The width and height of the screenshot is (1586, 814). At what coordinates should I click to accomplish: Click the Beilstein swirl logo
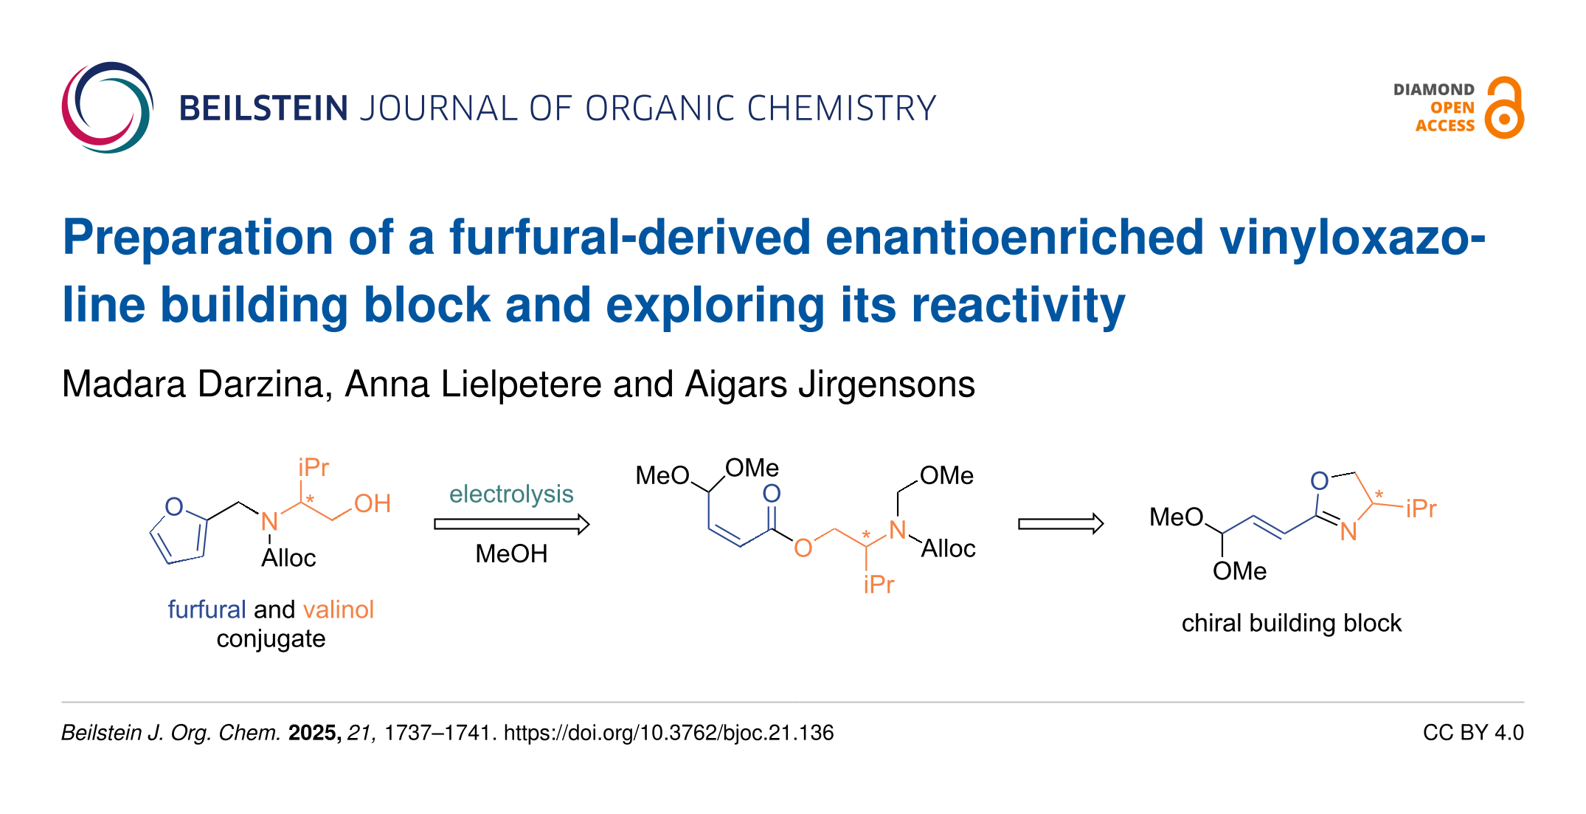[108, 108]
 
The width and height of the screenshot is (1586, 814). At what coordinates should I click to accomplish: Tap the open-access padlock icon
[1504, 108]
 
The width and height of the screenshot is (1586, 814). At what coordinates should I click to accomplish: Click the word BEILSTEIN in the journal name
[263, 108]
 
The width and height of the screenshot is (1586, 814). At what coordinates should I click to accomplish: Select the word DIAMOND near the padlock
[1433, 90]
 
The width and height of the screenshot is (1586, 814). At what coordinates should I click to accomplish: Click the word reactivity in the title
[1018, 306]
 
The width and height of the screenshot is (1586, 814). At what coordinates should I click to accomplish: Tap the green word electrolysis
[511, 494]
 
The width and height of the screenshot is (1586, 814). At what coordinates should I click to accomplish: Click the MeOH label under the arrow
[511, 553]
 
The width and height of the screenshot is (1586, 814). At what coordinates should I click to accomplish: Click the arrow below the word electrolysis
[511, 524]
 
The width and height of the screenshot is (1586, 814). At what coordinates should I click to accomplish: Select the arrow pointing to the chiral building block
[1060, 524]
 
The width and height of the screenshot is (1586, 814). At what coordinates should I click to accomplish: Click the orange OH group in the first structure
[373, 504]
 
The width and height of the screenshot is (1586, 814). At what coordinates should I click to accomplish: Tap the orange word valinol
[339, 610]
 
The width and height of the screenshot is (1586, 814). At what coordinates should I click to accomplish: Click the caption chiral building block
[1291, 624]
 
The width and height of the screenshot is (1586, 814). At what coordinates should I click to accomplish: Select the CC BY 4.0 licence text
[1472, 733]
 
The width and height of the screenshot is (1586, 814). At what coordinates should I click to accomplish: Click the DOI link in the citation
[668, 733]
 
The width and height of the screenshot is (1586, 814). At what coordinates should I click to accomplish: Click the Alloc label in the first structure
[288, 559]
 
